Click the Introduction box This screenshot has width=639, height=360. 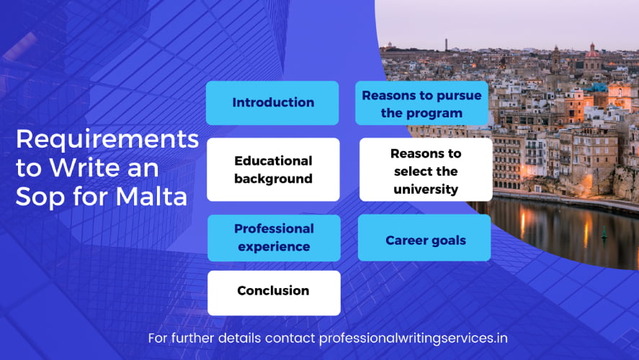(x=272, y=103)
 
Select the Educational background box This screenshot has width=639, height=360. (x=273, y=169)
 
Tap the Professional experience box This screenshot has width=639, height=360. (x=274, y=238)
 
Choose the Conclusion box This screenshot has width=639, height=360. (x=274, y=293)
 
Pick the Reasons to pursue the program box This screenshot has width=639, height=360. (x=421, y=103)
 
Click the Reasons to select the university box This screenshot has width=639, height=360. (x=426, y=169)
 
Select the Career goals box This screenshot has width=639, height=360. (x=424, y=238)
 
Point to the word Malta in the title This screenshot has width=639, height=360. (x=151, y=197)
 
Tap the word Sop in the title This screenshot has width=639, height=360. (x=41, y=198)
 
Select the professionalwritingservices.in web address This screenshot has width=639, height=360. (x=414, y=339)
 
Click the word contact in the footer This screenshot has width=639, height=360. (x=290, y=338)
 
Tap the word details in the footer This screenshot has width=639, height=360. (x=239, y=338)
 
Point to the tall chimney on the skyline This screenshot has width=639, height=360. (x=446, y=45)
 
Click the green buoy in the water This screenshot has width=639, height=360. (x=604, y=233)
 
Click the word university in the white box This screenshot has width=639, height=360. (x=426, y=189)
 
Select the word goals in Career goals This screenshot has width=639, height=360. (x=448, y=241)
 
